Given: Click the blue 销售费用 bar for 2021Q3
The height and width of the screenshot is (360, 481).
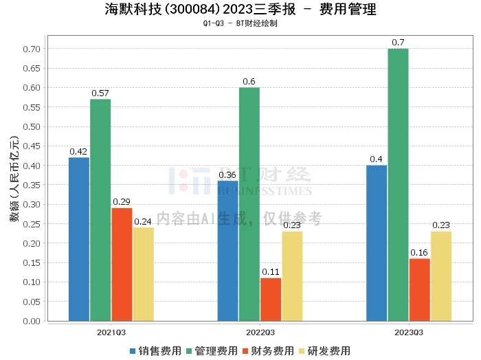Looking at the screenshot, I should [79, 239].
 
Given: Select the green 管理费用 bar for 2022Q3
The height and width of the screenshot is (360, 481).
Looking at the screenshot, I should [249, 204].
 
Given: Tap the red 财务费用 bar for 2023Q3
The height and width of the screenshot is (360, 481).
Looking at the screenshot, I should [419, 289].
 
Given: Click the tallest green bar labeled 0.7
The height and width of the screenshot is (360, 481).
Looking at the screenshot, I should [398, 185].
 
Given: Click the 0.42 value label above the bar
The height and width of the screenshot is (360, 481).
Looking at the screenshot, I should [78, 151].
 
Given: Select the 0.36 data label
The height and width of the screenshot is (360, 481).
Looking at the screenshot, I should [227, 175].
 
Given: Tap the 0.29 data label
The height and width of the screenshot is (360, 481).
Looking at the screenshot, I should [122, 201].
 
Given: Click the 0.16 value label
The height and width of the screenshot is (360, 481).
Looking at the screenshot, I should [419, 252].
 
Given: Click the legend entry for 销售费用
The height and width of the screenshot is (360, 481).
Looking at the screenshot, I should [156, 351].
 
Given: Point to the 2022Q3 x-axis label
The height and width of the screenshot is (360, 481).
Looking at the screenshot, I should [260, 331].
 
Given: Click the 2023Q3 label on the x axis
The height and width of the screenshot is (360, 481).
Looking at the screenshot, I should [409, 331].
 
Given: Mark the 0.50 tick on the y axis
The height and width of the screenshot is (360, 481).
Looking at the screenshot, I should [31, 126].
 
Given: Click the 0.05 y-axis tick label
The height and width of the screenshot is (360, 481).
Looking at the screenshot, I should [31, 302].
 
